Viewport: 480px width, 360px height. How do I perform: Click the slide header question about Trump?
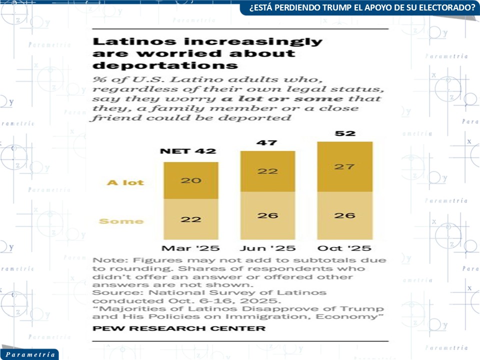(358, 7)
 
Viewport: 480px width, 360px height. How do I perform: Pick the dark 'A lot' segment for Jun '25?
(267, 171)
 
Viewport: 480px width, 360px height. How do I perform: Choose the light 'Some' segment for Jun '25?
(267, 215)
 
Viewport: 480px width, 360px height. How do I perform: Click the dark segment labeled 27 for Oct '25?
(345, 166)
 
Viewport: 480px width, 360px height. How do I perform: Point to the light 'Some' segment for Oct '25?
(345, 215)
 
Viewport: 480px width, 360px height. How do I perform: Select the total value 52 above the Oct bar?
(345, 133)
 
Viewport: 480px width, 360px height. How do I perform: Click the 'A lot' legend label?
(125, 182)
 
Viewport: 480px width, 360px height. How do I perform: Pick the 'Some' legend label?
(121, 221)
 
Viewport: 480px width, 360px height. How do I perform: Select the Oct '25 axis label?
(345, 248)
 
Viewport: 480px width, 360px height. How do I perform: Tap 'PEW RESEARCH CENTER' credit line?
(179, 328)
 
